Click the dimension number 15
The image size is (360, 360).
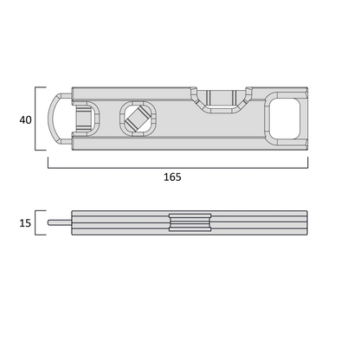pyautogui.click(x=25, y=223)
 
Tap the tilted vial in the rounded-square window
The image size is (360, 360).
pyautogui.click(x=136, y=119)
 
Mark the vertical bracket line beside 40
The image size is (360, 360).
pyautogui.click(x=37, y=118)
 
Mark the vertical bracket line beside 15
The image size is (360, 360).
pyautogui.click(x=37, y=223)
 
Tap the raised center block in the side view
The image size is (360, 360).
pyautogui.click(x=189, y=223)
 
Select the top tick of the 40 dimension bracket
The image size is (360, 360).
pyautogui.click(x=41, y=87)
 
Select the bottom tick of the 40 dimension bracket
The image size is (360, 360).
pyautogui.click(x=41, y=149)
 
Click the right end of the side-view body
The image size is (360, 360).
pyautogui.click(x=307, y=223)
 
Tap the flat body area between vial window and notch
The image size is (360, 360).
pyautogui.click(x=175, y=120)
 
